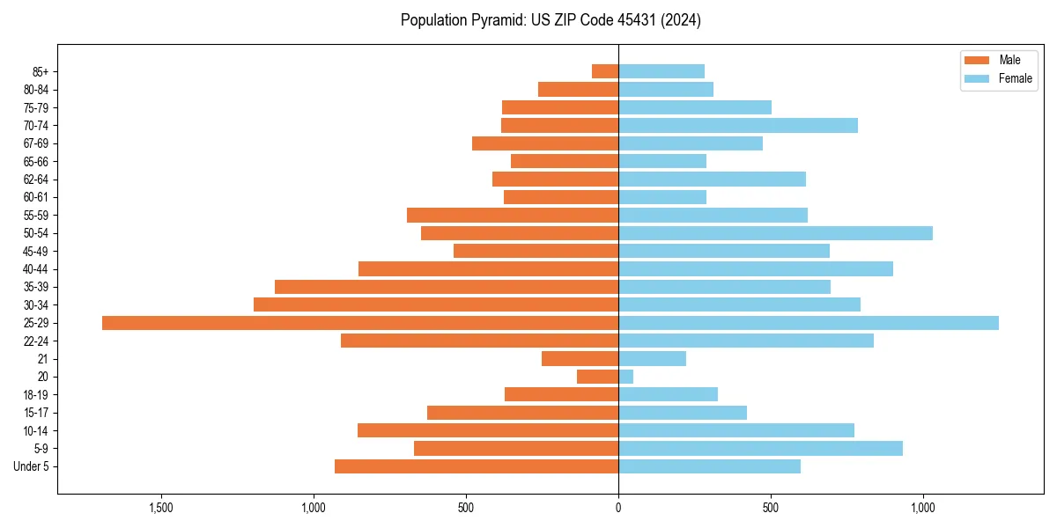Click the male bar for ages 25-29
click(360, 323)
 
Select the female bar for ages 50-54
click(775, 233)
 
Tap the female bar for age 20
click(625, 377)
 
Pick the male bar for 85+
click(605, 71)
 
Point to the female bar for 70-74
click(738, 125)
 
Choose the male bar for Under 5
click(477, 466)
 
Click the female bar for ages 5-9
click(760, 449)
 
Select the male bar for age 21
click(580, 359)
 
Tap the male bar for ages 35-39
click(447, 287)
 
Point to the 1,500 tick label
click(161, 508)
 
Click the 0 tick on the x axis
click(618, 508)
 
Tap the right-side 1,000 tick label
click(923, 508)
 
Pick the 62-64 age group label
click(36, 180)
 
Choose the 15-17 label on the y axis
click(36, 413)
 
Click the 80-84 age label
click(36, 90)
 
